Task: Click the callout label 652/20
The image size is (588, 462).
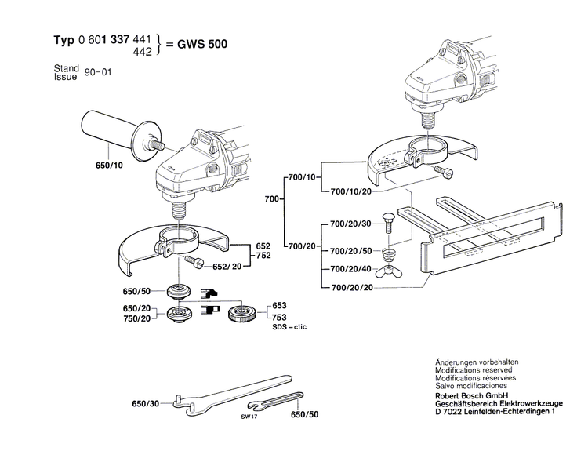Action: pos(227,267)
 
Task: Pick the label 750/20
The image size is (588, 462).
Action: pos(136,319)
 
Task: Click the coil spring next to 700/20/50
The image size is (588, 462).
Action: pos(387,255)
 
